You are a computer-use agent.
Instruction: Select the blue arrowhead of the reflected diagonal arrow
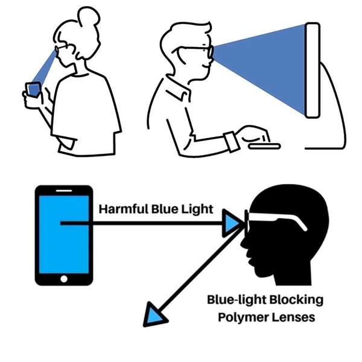click(154, 316)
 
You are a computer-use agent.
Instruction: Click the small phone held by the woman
click(34, 89)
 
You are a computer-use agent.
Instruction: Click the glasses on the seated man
click(199, 52)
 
